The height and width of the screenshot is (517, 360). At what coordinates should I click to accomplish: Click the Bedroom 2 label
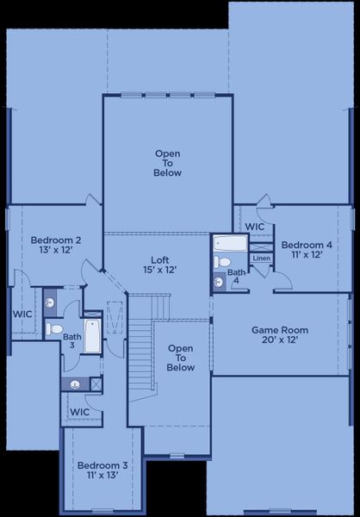55,246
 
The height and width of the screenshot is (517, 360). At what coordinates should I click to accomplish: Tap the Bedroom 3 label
102,470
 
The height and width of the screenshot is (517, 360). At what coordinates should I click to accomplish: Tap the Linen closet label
262,258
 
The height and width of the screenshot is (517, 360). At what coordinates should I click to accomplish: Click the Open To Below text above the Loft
168,163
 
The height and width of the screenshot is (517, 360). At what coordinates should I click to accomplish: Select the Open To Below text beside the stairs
180,358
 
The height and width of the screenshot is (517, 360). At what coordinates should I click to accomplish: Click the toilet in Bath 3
53,328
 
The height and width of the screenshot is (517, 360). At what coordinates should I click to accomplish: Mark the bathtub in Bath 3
92,336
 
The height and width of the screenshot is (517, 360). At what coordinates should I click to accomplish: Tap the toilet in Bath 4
222,262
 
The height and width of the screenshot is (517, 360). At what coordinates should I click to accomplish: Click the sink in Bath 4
219,281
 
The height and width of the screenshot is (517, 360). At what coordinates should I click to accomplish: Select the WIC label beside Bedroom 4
255,227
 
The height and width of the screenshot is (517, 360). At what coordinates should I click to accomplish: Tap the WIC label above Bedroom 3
79,413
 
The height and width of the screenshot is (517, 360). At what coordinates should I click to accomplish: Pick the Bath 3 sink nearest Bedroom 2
50,303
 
